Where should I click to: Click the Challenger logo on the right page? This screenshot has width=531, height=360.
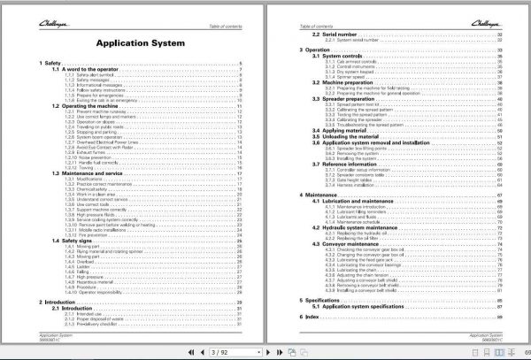[x=492, y=11]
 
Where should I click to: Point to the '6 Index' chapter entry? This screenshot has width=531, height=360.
[x=312, y=316]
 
